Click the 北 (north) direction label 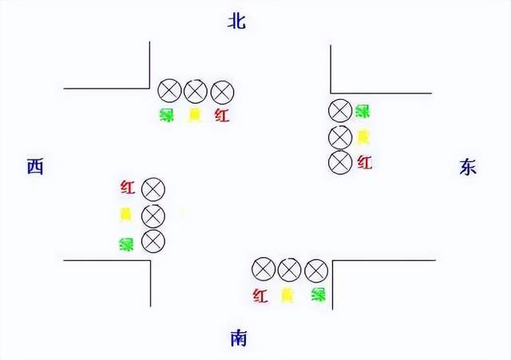tap(236, 22)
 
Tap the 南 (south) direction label tap(238, 338)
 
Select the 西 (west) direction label tap(34, 166)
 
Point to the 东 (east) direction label tap(468, 166)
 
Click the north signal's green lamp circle tap(168, 91)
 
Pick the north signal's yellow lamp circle tap(195, 91)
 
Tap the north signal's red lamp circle tap(221, 91)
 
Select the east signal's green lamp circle tap(340, 111)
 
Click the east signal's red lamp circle tap(340, 162)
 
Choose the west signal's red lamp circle tap(153, 190)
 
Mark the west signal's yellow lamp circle tap(153, 216)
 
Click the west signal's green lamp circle tap(153, 240)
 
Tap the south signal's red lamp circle tap(263, 270)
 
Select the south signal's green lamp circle tap(316, 270)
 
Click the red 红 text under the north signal tap(222, 115)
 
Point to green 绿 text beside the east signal tap(362, 111)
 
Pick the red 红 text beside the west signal tap(127, 188)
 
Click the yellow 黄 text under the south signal tap(287, 295)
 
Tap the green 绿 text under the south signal tap(319, 295)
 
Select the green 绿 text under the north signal tap(167, 115)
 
